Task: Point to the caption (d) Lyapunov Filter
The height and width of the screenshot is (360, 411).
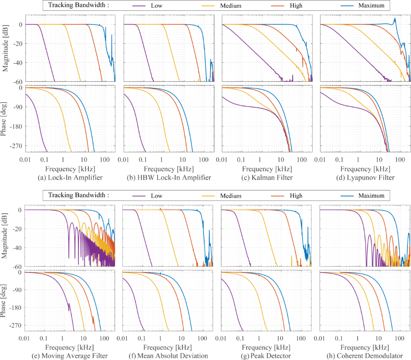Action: [x=365, y=178]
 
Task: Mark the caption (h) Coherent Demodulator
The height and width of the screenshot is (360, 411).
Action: [x=365, y=356]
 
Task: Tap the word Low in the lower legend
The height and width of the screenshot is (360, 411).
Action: [x=159, y=196]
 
